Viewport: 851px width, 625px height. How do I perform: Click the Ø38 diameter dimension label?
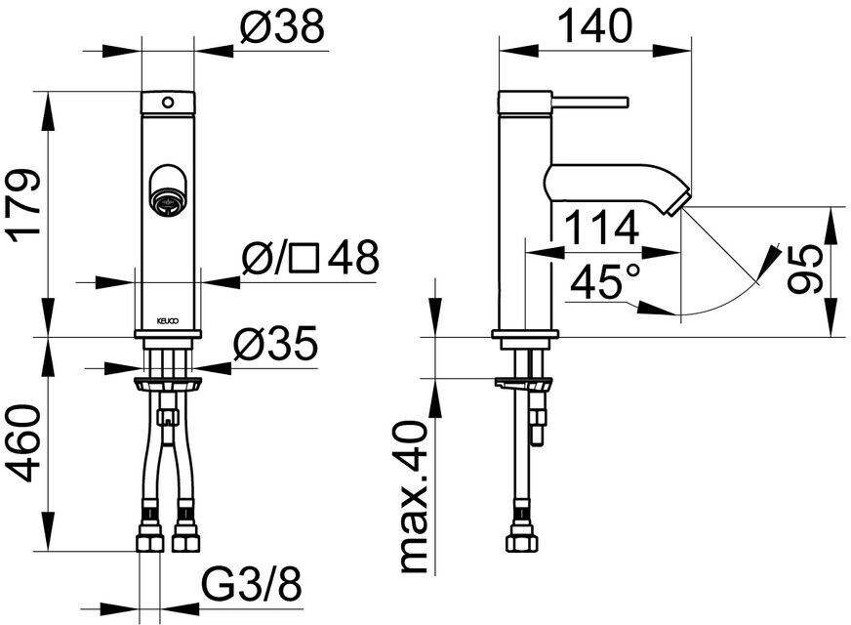(x=281, y=26)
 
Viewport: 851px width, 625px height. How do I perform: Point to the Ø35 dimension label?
(x=275, y=343)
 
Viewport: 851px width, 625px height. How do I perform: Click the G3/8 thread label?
(x=251, y=584)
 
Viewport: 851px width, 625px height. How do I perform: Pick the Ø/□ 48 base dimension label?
(x=310, y=257)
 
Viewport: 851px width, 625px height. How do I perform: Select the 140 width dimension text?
(x=595, y=25)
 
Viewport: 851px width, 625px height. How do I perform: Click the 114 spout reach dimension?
(x=601, y=229)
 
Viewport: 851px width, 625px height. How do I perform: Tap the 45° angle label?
(x=605, y=280)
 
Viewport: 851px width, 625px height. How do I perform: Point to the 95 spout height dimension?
(x=805, y=269)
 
